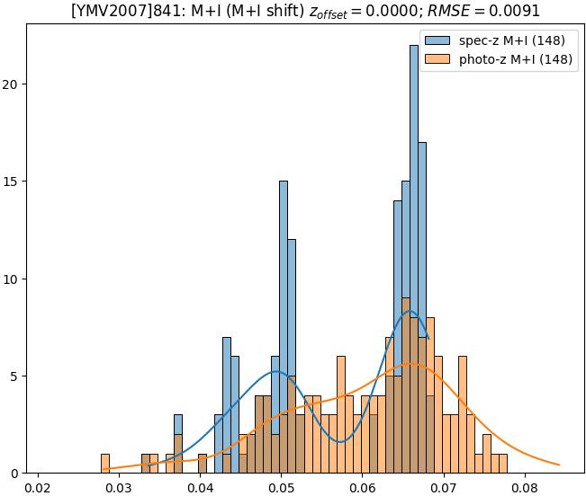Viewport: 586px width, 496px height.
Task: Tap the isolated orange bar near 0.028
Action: click(105, 463)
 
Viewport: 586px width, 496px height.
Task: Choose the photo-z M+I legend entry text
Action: click(509, 61)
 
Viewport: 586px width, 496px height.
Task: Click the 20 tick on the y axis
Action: click(14, 84)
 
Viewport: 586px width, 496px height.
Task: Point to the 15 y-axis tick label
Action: click(14, 182)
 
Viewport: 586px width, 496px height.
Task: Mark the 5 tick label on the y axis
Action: click(18, 376)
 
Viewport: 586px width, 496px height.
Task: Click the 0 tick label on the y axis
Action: click(18, 473)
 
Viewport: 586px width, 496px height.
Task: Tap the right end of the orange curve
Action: click(559, 465)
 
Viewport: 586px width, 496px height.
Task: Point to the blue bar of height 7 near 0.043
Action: click(227, 404)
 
